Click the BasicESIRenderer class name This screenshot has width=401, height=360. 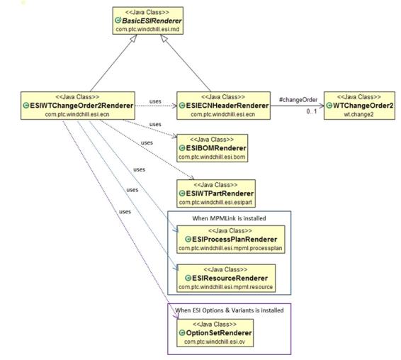pyautogui.click(x=152, y=21)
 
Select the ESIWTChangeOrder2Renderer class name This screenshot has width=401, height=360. pyautogui.click(x=81, y=106)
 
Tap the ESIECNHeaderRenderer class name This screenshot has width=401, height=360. pyautogui.click(x=227, y=106)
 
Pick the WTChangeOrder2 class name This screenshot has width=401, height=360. pyautogui.click(x=363, y=106)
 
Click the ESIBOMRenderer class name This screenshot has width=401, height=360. pyautogui.click(x=216, y=148)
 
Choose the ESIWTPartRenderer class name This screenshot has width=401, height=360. pyautogui.click(x=220, y=193)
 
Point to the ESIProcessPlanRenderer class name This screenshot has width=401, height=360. pyautogui.click(x=235, y=240)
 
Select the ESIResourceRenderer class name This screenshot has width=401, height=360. pyautogui.click(x=230, y=278)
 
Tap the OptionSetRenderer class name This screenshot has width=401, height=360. pyautogui.click(x=219, y=333)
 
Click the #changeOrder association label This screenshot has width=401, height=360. pyautogui.click(x=298, y=100)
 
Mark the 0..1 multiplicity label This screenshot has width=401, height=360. pyautogui.click(x=312, y=111)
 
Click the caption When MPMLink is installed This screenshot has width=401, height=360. pyautogui.click(x=229, y=218)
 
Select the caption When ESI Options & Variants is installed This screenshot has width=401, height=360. pyautogui.click(x=230, y=310)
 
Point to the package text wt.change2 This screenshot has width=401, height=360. pyautogui.click(x=358, y=114)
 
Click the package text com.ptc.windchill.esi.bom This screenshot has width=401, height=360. pyautogui.click(x=212, y=157)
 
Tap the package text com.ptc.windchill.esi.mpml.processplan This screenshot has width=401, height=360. pyautogui.click(x=230, y=248)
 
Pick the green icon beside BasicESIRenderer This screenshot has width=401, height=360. pyautogui.click(x=118, y=21)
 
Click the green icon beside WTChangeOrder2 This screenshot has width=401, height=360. pyautogui.click(x=329, y=106)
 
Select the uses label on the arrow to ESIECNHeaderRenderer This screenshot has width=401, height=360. pyautogui.click(x=155, y=101)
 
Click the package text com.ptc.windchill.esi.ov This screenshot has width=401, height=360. pyautogui.click(x=215, y=342)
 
